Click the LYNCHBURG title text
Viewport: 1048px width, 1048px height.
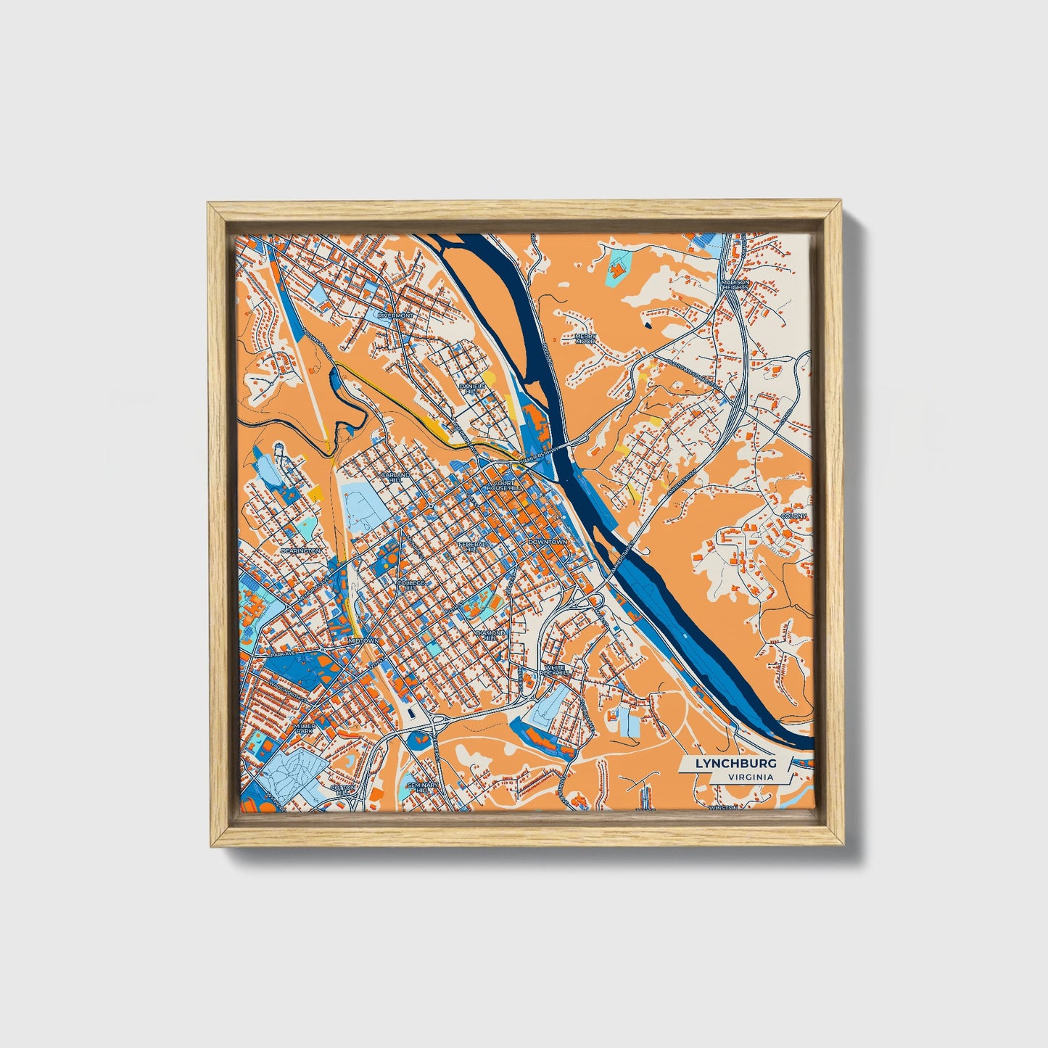click(735, 764)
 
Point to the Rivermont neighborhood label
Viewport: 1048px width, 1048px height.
click(395, 316)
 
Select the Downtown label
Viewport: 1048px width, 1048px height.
click(548, 542)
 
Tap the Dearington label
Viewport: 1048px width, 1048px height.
click(301, 551)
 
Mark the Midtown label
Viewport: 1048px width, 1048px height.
click(363, 641)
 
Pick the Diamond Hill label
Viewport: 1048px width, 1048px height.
click(490, 635)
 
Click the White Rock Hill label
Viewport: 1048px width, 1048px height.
click(554, 669)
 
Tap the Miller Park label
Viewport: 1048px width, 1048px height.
click(305, 728)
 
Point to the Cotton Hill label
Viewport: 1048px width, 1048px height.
click(343, 789)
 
